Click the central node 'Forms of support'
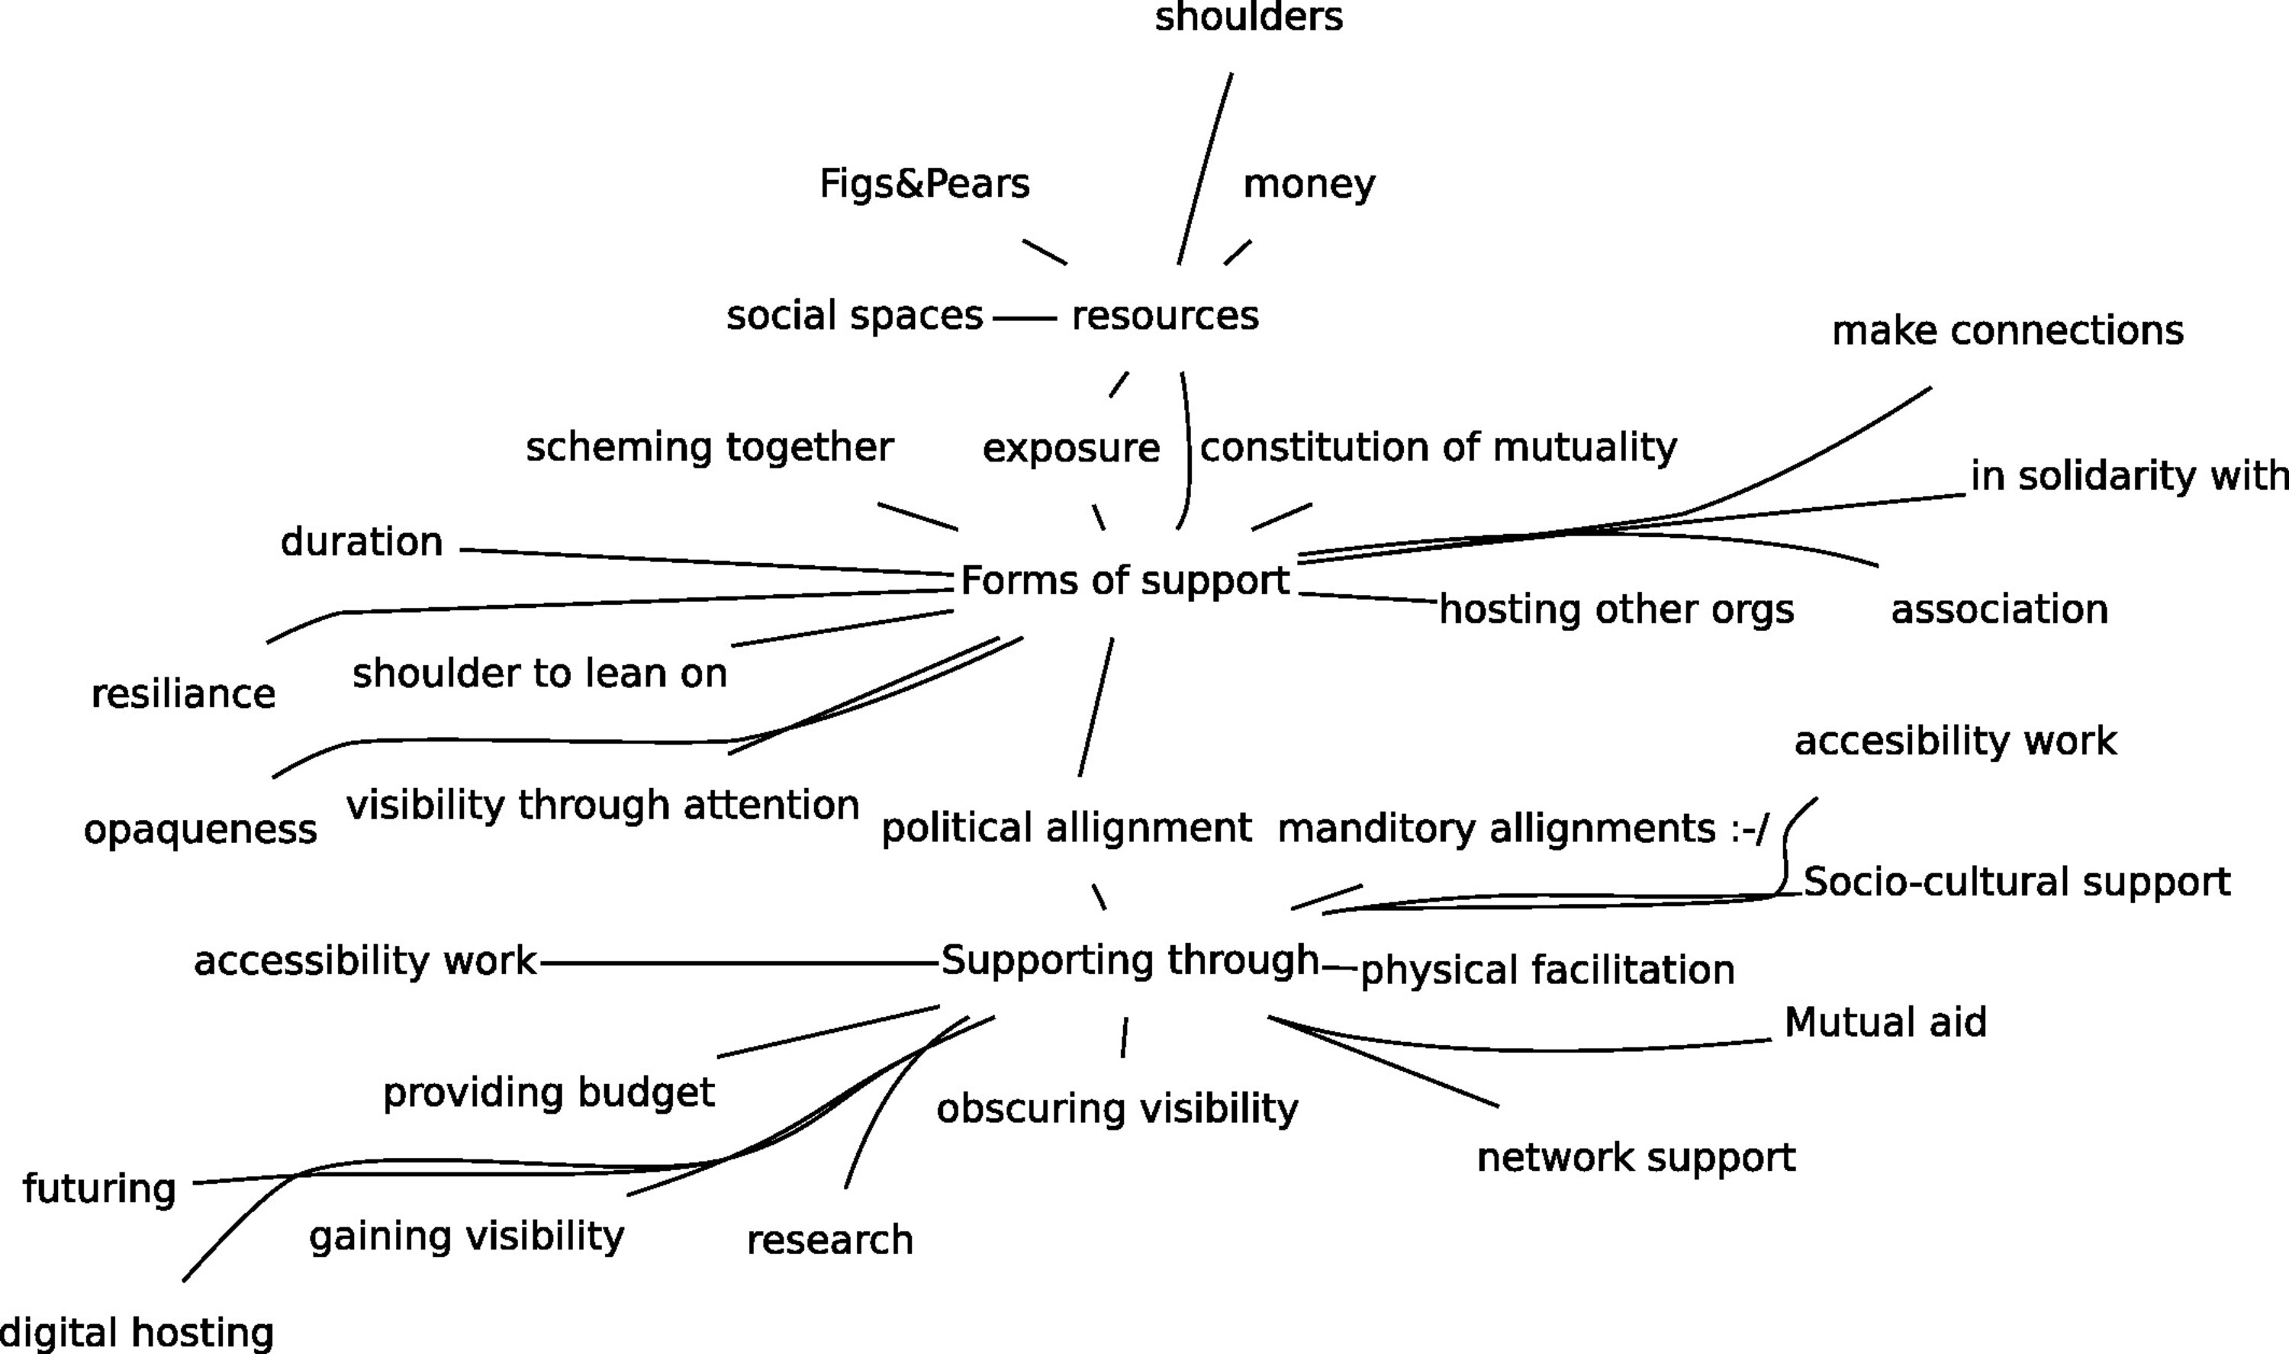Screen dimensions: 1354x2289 [1125, 581]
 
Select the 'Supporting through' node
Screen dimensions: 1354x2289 [1129, 960]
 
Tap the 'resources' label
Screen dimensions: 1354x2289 [1165, 317]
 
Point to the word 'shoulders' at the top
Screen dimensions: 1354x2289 [1248, 17]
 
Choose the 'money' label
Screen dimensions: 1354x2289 [1309, 185]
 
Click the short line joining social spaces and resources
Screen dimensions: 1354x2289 [1024, 318]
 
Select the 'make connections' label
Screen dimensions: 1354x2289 [2007, 330]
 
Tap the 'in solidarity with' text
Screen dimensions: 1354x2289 [2127, 476]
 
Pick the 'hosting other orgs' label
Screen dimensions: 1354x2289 [1616, 609]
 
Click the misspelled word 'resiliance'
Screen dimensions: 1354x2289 [183, 694]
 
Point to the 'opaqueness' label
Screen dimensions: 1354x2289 [200, 830]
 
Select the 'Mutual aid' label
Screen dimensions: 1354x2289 [1885, 1023]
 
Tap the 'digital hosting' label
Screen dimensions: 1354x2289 [137, 1333]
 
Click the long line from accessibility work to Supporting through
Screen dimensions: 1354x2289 [739, 963]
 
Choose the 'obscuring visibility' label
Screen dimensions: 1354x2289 [1117, 1109]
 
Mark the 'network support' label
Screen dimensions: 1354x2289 [1636, 1158]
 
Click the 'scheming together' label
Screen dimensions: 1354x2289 [709, 448]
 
